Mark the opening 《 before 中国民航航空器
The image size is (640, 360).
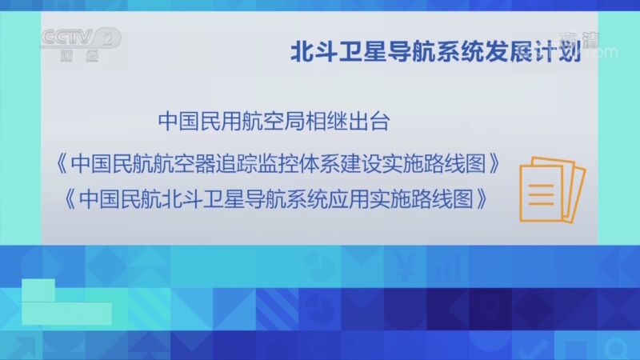(x=61, y=163)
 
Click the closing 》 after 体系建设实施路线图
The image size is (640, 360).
(x=498, y=163)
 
